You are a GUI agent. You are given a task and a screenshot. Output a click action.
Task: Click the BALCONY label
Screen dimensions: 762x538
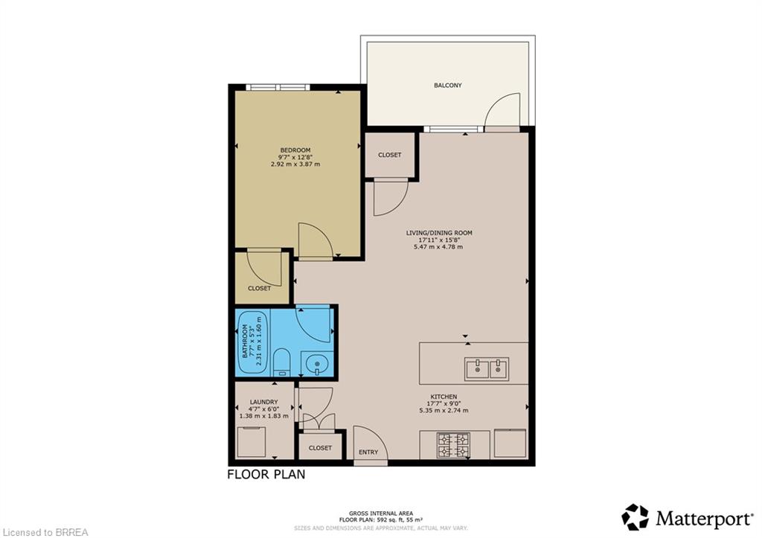point(447,86)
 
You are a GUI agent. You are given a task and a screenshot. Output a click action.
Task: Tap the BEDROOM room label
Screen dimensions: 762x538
point(295,150)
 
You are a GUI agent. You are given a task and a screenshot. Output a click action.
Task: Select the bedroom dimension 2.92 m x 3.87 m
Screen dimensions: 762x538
point(295,164)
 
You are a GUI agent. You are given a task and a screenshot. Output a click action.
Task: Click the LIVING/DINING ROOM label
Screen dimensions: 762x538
point(439,233)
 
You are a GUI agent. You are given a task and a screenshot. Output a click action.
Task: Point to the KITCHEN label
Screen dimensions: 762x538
point(444,397)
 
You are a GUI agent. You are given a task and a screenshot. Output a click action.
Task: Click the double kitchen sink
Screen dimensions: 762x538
point(487,369)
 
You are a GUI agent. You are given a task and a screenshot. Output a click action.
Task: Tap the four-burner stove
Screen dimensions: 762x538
point(454,445)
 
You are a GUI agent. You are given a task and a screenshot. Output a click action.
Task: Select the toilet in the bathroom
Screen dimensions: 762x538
point(281,362)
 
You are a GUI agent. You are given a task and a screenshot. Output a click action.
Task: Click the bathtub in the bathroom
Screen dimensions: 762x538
point(253,342)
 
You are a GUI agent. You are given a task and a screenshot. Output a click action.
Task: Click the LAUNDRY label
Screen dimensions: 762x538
point(264,402)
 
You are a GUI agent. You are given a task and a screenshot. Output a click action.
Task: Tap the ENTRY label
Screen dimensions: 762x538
point(368,452)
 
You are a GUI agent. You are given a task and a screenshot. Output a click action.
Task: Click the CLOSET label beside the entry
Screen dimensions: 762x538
point(320,448)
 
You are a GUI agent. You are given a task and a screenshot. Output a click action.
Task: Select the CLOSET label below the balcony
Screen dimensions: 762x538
point(390,155)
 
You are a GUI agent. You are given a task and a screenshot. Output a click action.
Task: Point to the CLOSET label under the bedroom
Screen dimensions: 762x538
point(260,288)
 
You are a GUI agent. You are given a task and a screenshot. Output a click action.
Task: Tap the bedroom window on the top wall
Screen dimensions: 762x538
point(278,87)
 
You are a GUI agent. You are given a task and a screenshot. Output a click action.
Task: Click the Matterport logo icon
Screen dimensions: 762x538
point(635,517)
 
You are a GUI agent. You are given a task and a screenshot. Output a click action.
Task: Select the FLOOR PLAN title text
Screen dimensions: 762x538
point(266,474)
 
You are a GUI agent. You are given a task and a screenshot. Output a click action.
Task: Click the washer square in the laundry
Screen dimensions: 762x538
point(252,442)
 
